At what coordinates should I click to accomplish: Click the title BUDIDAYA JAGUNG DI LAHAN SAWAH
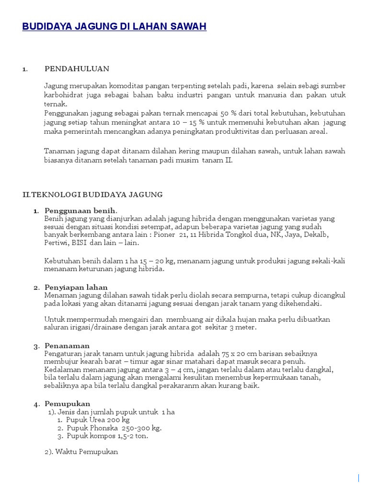pyautogui.click(x=114, y=27)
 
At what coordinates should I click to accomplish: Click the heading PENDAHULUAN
pyautogui.click(x=77, y=69)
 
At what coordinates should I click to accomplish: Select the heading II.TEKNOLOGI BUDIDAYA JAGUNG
pyautogui.click(x=92, y=194)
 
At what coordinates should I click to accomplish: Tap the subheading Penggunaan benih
pyautogui.click(x=80, y=210)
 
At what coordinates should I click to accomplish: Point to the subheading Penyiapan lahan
pyautogui.click(x=76, y=287)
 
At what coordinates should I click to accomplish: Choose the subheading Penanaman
pyautogui.click(x=67, y=346)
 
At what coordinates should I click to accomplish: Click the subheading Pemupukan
pyautogui.click(x=68, y=404)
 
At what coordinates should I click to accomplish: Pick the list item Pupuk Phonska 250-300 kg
pyautogui.click(x=114, y=428)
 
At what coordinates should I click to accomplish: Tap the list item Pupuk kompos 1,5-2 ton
pyautogui.click(x=107, y=436)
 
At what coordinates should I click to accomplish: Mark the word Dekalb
pyautogui.click(x=329, y=234)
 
